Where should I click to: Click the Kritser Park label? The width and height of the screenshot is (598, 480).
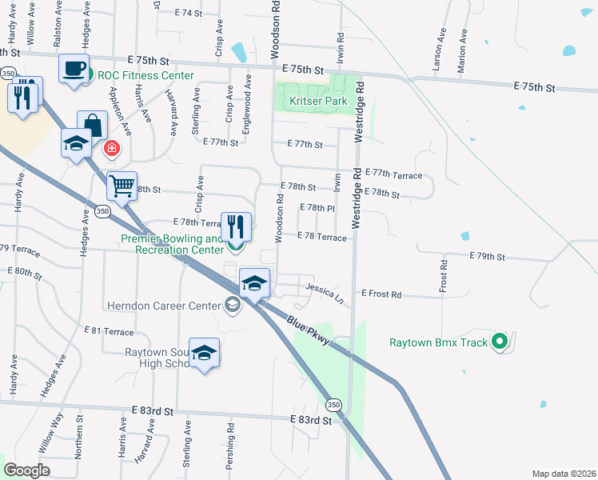(x=313, y=102)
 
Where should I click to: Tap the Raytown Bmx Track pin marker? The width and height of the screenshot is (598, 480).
(x=500, y=342)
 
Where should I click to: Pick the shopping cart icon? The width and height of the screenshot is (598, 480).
(x=122, y=186)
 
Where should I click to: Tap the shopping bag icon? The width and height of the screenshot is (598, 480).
(x=92, y=126)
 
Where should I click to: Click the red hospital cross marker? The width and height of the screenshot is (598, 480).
(x=113, y=148)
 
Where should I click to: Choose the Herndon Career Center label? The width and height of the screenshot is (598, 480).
(x=165, y=306)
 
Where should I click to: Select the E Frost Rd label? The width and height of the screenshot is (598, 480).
(x=381, y=294)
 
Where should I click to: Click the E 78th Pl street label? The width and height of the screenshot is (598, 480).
(x=316, y=207)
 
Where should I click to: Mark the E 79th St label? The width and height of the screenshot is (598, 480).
(x=487, y=257)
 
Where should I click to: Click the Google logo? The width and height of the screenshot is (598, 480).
(x=26, y=470)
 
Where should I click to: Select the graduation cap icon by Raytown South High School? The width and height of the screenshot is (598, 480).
(x=205, y=354)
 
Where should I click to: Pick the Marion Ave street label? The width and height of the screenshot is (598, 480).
(x=461, y=53)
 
